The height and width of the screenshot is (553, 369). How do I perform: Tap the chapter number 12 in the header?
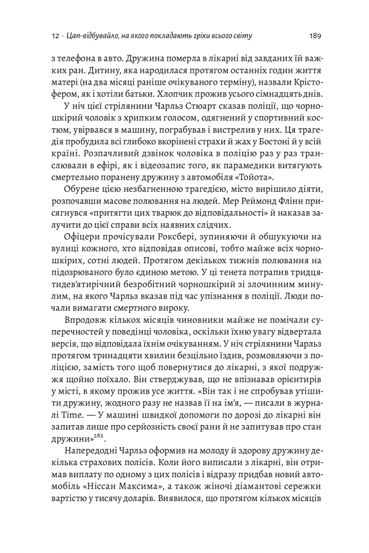[54, 36]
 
